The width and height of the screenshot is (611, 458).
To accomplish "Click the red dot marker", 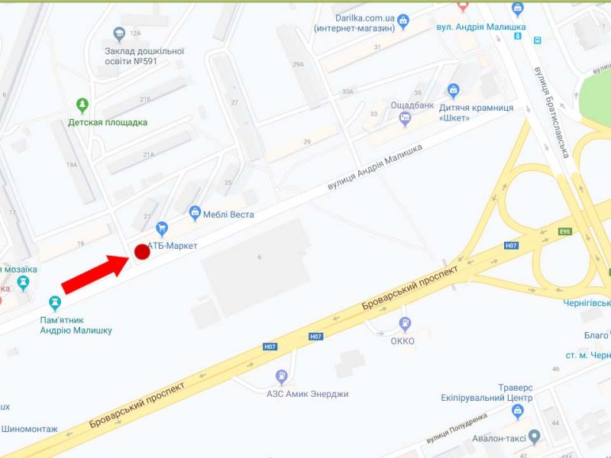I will point(141,251).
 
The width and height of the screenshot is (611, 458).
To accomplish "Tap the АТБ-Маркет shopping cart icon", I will point(161,227).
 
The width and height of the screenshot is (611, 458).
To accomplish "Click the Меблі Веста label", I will point(228,214).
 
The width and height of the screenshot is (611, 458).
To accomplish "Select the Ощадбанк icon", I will point(406,118).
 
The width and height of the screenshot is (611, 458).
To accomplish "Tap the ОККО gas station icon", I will point(402,324).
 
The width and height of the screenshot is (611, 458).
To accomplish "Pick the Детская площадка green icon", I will point(82,105).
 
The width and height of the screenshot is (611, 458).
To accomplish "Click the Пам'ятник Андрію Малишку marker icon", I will point(54,302).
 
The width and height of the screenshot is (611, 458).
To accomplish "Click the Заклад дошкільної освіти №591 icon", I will point(118,34).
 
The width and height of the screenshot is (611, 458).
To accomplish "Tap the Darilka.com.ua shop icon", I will point(404,21).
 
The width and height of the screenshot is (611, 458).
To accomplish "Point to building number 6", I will point(260,257).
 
